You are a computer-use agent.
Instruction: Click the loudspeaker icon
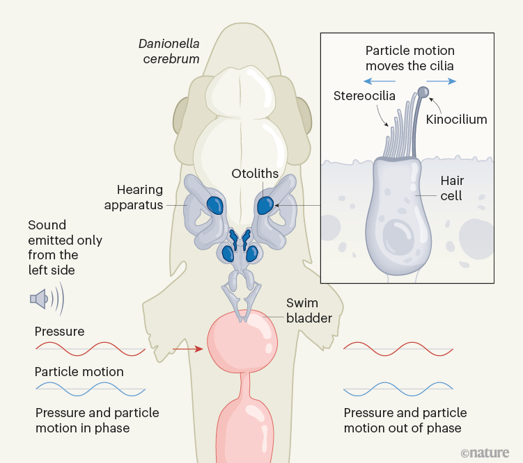click(x=40, y=299)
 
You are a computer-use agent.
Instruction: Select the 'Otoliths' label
click(x=256, y=174)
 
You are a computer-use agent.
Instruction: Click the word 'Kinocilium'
click(x=456, y=120)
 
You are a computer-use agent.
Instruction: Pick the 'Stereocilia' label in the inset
click(x=364, y=96)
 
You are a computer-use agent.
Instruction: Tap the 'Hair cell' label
click(x=452, y=188)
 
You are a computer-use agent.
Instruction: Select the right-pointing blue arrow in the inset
click(x=442, y=81)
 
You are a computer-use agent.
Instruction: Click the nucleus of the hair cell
click(x=398, y=239)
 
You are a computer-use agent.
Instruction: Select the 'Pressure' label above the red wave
click(x=60, y=332)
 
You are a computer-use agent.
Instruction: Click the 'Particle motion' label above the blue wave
click(x=79, y=372)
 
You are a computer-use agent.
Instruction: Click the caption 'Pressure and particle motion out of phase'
click(x=405, y=421)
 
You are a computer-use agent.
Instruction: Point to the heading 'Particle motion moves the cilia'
click(x=410, y=58)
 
